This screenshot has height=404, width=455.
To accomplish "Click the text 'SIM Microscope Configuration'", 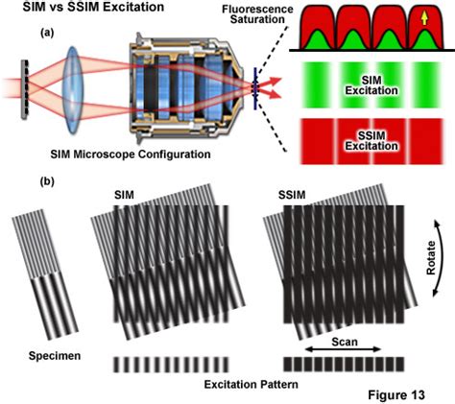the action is click(131, 154).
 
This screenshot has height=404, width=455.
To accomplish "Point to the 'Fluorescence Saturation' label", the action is click(257, 13).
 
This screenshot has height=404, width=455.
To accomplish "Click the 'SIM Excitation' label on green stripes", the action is click(371, 85).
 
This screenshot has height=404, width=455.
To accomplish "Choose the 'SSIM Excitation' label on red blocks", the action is click(371, 141).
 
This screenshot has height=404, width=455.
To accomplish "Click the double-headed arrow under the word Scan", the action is click(344, 350).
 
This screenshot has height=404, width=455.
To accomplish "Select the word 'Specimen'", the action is click(55, 356).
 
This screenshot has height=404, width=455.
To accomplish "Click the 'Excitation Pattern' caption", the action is click(251, 384).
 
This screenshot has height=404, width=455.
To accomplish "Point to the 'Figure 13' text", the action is click(396, 394).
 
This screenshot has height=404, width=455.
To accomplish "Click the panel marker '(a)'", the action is click(47, 33).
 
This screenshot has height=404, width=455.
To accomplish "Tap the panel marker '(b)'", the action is click(47, 181).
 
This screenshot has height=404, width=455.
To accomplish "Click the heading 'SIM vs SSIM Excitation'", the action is click(93, 7).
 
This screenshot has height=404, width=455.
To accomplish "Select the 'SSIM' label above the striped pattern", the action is click(292, 195).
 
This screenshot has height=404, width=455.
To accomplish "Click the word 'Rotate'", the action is click(431, 258).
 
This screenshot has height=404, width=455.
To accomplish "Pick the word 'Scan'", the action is click(345, 342).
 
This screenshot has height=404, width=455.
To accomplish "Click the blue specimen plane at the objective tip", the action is click(255, 88).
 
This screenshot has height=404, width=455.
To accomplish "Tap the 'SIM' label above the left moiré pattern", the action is click(124, 195).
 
